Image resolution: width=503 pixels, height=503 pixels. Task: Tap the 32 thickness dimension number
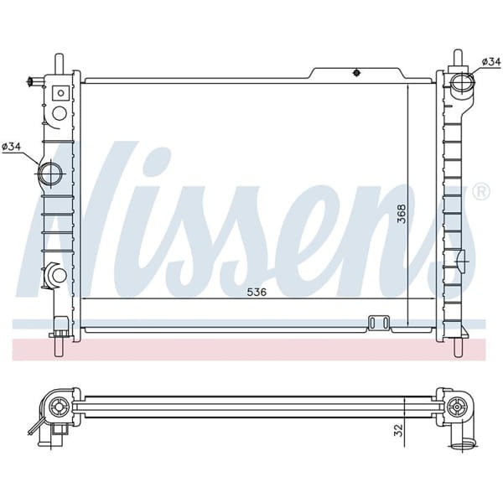[399, 431]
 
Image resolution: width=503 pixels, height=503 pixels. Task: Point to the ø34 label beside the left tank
[12, 148]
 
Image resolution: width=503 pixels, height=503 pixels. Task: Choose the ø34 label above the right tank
[491, 61]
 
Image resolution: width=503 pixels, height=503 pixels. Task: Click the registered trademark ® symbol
[480, 191]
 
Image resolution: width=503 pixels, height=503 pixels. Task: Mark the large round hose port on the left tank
[50, 174]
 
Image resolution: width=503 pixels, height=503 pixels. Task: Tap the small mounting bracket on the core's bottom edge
[379, 322]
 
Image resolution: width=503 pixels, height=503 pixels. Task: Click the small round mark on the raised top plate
[355, 71]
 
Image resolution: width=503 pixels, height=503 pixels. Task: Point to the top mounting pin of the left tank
[59, 64]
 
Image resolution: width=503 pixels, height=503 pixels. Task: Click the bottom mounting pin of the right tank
[458, 346]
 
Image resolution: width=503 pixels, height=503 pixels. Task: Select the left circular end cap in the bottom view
[59, 407]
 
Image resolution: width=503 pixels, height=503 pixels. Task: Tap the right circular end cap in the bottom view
[456, 407]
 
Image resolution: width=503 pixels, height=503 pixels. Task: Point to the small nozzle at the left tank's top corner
[34, 81]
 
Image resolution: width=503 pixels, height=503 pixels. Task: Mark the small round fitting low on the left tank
[57, 274]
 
